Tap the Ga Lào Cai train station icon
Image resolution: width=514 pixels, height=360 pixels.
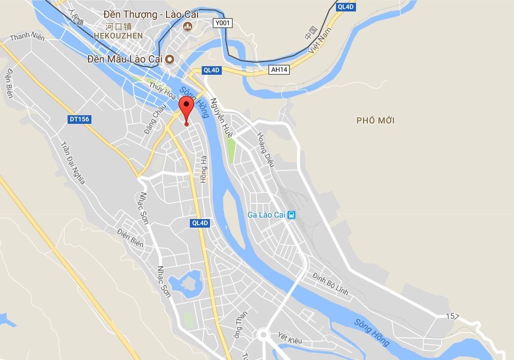292,215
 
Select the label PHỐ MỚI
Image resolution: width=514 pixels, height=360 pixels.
376,120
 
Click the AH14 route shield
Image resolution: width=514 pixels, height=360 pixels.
279,70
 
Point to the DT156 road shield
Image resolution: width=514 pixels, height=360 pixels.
79,119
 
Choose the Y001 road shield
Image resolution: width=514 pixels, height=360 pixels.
223,23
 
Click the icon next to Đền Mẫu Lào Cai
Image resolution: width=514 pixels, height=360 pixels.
169,60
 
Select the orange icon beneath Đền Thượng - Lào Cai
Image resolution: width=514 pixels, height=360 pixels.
188,27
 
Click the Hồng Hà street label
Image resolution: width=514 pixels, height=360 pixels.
204,169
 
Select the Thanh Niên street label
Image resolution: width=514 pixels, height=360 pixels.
27,36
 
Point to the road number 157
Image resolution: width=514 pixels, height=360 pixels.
453,316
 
